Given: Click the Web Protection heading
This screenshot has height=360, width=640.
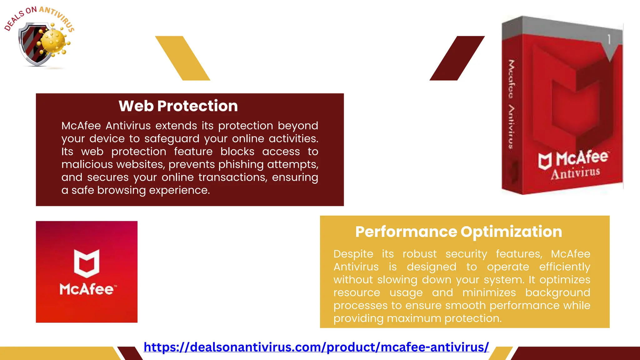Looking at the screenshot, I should coord(178,106).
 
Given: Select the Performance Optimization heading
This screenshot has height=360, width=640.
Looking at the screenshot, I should coord(458,232).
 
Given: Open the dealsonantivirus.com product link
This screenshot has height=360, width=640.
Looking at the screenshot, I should coord(316,347).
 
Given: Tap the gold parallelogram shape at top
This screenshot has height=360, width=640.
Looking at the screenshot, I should coord(183,58).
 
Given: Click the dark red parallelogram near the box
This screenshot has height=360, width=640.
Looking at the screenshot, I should coord(457,58).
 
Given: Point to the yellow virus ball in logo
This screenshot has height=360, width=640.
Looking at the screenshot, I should coord(54,41).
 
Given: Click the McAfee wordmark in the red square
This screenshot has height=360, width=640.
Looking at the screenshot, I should coord(87,289).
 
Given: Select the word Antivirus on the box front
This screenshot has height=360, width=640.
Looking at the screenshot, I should coord(575,173).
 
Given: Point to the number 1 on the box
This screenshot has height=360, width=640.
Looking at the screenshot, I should coord(609,39).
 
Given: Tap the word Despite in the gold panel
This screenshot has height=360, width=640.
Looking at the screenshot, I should coord(353,254).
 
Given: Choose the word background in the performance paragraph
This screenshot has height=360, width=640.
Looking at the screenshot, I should coord(557,293).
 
